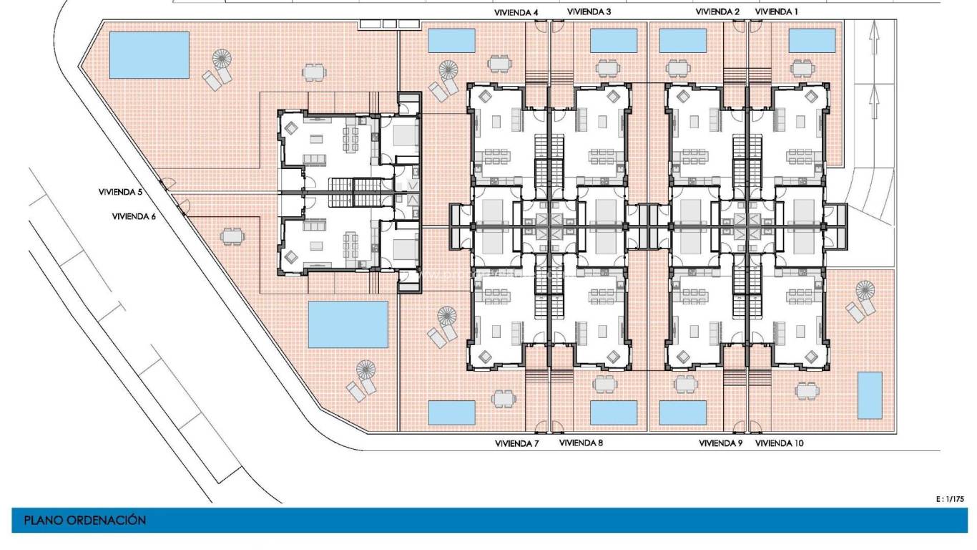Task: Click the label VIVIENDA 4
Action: click(516, 12)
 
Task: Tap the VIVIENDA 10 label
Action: click(779, 443)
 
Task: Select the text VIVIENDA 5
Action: click(121, 192)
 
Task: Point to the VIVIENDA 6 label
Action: click(134, 216)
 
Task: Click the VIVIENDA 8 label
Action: click(581, 443)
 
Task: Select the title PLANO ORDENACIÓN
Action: click(85, 521)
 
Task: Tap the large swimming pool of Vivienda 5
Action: click(149, 54)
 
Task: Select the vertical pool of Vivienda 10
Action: click(870, 395)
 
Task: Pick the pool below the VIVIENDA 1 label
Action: click(812, 41)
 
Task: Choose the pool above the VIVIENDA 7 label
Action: click(451, 412)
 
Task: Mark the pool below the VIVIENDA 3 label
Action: click(614, 41)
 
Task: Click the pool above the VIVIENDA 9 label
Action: click(682, 412)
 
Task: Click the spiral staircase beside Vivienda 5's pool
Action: click(223, 58)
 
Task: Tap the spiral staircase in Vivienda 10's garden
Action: click(865, 291)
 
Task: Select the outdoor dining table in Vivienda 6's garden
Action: click(231, 236)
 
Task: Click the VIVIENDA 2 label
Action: click(717, 12)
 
